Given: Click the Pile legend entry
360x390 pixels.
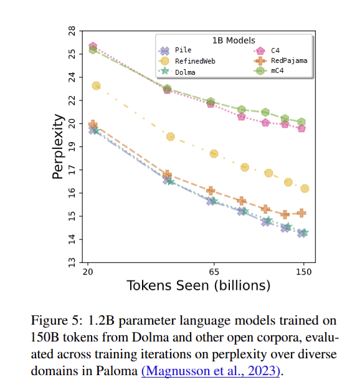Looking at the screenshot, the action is pos(175,50).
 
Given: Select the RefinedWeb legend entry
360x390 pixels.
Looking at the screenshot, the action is pos(187,61).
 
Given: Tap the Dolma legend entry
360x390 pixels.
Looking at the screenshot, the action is pos(177,72).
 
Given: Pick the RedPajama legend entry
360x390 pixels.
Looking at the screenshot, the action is pos(280,60).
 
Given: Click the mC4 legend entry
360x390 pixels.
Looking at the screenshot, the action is pos(268,71).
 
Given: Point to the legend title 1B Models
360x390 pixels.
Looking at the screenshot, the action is pos(234,40).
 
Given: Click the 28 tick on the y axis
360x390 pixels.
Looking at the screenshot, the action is pos(72,31).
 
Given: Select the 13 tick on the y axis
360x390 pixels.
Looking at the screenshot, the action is pos(72,262).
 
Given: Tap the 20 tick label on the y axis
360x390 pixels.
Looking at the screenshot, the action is pos(72,123).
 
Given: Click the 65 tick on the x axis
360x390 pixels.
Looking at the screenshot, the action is pos(214,272).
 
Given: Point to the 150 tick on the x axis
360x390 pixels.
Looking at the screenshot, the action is pos(303,272).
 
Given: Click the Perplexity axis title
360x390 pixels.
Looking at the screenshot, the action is pos(58,147).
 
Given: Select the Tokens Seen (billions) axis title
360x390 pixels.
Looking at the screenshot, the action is pos(199,285).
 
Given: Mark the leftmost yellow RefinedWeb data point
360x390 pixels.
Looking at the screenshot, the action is pos(96,86).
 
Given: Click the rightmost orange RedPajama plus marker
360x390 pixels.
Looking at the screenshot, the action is pos(301,213).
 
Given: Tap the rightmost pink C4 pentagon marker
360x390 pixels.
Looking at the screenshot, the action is pos(301,128).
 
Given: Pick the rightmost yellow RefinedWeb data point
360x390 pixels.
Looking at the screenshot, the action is pos(305,189).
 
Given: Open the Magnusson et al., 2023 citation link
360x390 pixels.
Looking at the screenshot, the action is pos(211,371).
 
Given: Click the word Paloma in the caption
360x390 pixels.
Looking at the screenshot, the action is pos(116,371).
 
